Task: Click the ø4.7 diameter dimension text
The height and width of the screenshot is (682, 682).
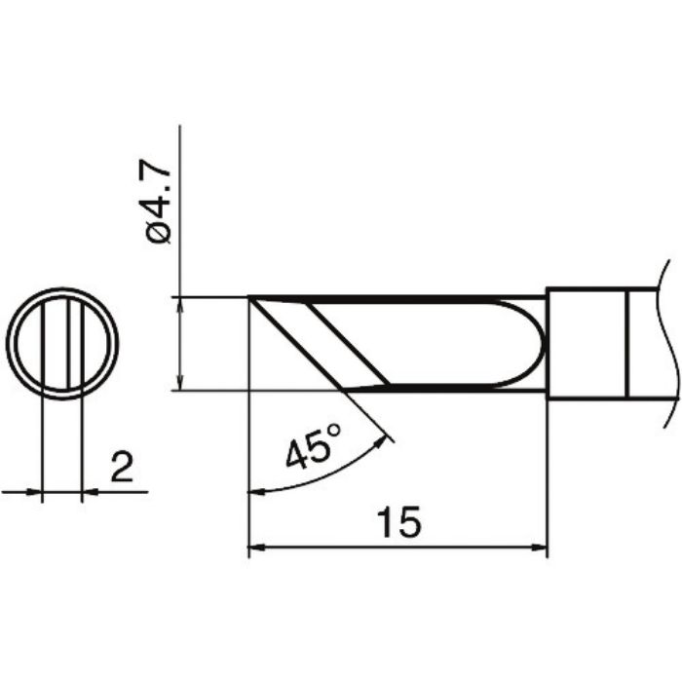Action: (x=160, y=206)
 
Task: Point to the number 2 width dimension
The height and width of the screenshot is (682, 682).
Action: (x=122, y=470)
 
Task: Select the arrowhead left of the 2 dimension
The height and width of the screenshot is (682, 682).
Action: (x=37, y=492)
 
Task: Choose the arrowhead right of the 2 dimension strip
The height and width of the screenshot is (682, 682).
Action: (x=89, y=492)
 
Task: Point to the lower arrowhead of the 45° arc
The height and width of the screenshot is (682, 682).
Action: (x=257, y=490)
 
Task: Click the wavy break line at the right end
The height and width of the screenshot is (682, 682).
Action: (x=666, y=341)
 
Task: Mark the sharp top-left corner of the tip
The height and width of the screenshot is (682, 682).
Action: (x=250, y=297)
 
